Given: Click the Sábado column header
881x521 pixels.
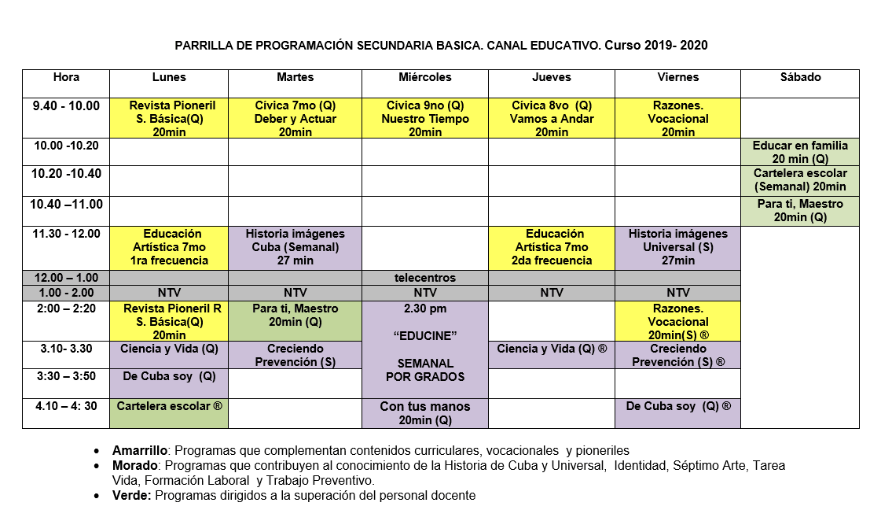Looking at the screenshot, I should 800,77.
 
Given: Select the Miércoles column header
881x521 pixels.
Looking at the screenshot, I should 425,77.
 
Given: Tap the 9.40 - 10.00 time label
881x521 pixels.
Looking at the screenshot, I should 66,105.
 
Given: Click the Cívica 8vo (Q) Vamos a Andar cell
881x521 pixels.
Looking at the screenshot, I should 552,119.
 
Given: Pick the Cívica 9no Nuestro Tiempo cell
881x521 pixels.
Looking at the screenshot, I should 425,119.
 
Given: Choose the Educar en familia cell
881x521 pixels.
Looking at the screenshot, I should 800,152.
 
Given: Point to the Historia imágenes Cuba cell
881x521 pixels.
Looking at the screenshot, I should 296,247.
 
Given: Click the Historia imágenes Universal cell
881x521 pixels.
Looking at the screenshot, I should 678,247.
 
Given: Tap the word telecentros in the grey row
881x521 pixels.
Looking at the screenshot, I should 425,278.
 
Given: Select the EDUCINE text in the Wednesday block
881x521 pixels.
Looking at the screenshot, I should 425,336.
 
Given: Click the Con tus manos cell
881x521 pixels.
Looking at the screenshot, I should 425,413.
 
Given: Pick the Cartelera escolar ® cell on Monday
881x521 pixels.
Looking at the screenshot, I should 169,407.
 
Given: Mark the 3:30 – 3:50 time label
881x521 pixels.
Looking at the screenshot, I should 66,376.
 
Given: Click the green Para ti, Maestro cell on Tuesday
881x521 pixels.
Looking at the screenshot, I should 296,315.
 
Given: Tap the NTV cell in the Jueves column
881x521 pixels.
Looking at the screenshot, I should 552,293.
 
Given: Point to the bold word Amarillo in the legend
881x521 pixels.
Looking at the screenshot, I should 140,451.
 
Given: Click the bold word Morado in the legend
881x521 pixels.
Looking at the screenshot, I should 135,466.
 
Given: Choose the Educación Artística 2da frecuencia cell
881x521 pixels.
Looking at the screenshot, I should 552,247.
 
